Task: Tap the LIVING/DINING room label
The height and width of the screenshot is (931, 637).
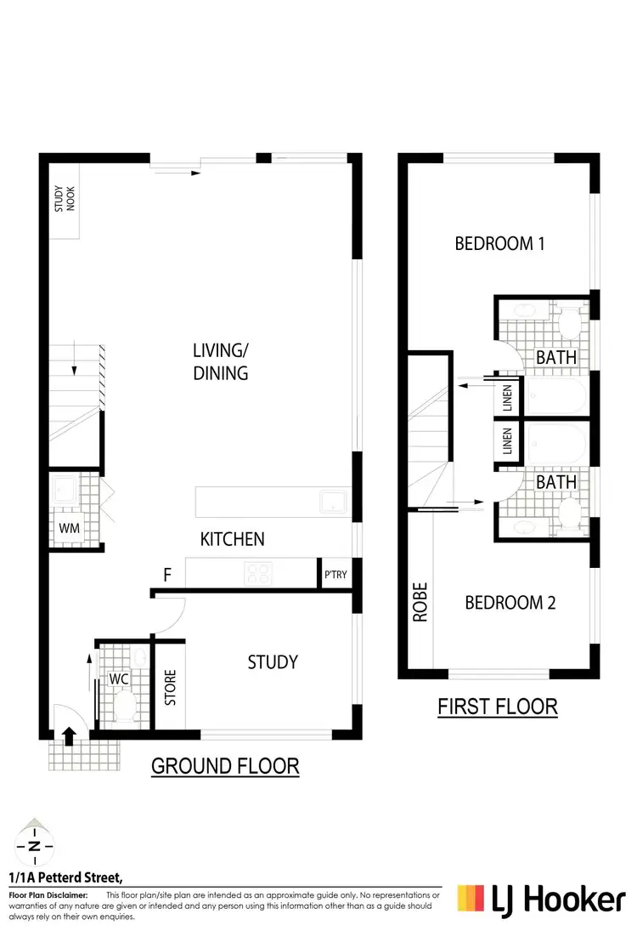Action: [220, 361]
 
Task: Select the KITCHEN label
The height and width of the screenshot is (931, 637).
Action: [232, 538]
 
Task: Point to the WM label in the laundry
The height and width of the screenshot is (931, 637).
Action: [69, 527]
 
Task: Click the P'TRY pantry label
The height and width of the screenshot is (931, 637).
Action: [334, 574]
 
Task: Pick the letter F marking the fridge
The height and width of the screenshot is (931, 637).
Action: [168, 576]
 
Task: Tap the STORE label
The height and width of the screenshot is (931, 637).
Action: [169, 688]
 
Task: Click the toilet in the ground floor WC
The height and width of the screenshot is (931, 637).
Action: [125, 705]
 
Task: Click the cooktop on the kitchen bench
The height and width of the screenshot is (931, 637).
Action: [258, 574]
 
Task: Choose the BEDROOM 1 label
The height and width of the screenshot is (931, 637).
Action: [499, 244]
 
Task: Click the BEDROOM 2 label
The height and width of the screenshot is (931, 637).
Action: [510, 603]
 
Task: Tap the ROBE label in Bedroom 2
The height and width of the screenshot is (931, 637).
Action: [420, 602]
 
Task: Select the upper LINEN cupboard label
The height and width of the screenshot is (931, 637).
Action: [507, 397]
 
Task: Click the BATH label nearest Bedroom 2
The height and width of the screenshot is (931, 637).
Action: [555, 482]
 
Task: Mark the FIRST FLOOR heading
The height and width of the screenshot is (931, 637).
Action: [497, 706]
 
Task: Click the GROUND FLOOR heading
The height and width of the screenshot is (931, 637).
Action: [225, 765]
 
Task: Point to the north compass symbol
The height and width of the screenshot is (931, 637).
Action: [32, 845]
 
